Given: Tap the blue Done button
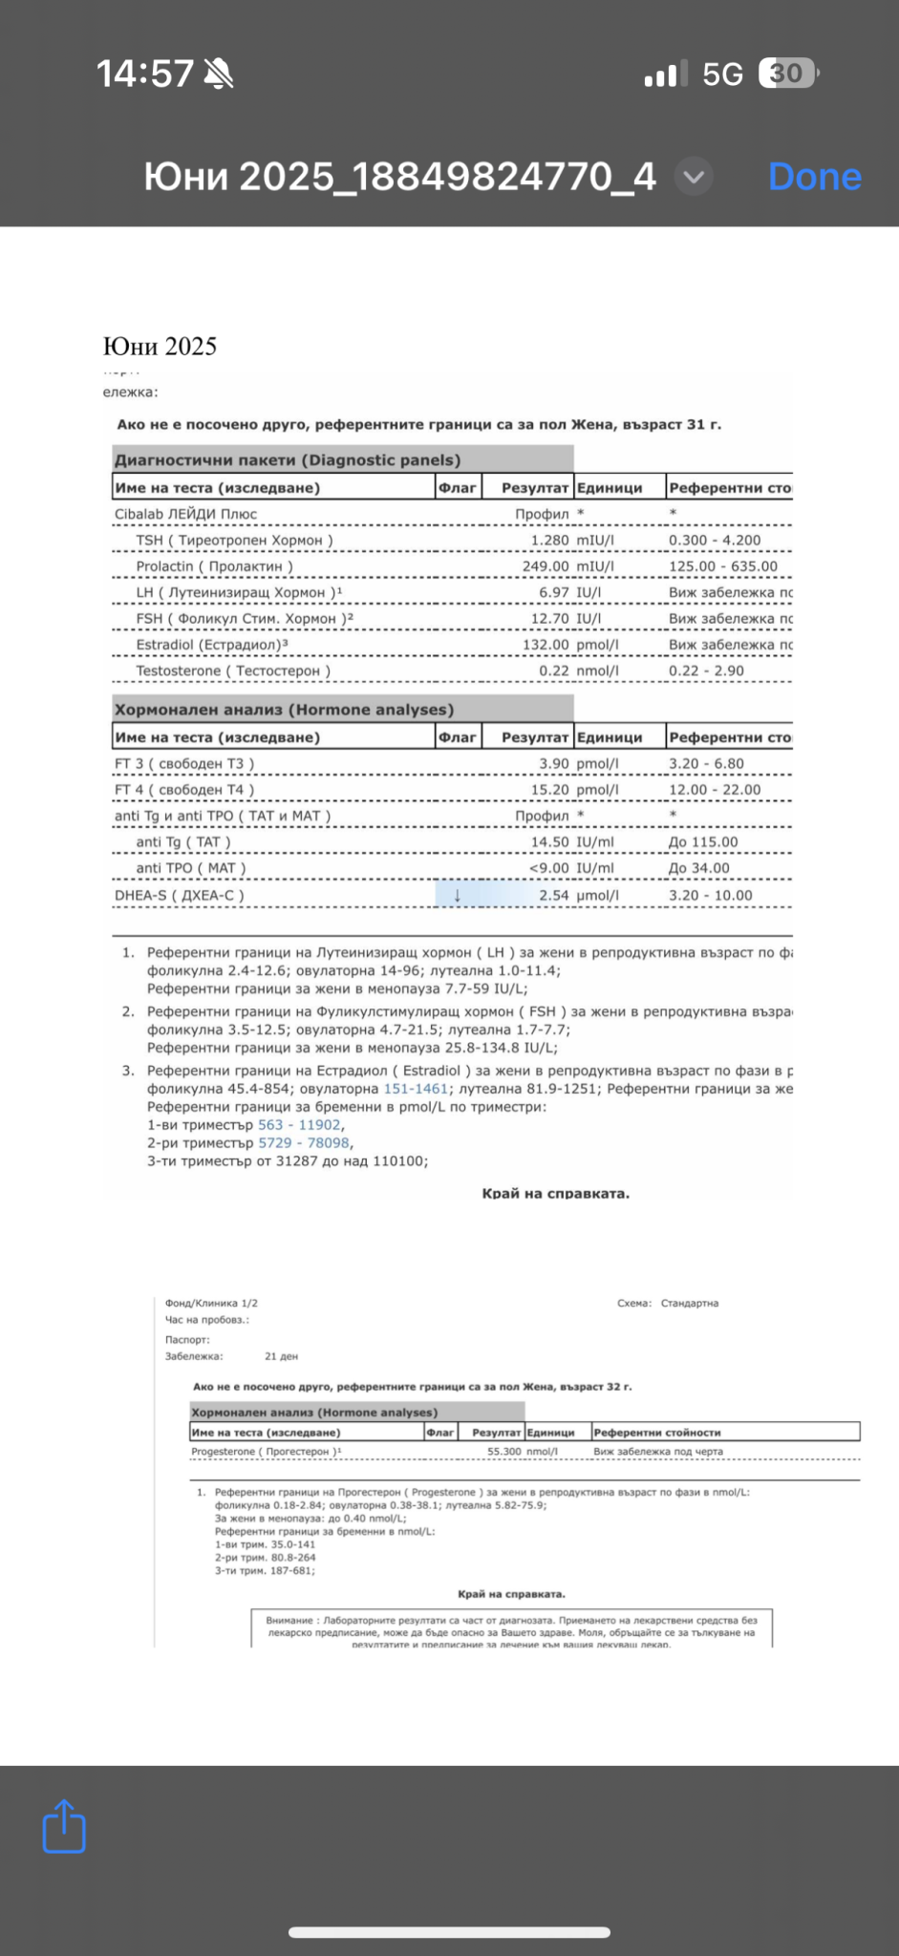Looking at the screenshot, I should [x=814, y=177].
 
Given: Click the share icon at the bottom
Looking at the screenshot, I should [x=64, y=1826].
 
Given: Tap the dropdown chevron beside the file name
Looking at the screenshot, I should [x=694, y=177].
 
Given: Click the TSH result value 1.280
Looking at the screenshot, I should [x=549, y=541].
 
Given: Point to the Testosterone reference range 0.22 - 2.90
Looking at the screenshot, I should [x=706, y=671].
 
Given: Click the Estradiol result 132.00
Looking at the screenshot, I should [x=546, y=645].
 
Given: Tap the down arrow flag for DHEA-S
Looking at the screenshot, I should [x=458, y=896].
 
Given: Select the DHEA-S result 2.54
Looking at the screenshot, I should [x=553, y=896].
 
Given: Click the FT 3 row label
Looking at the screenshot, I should [x=184, y=764].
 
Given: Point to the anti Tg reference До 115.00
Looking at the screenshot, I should [x=703, y=842].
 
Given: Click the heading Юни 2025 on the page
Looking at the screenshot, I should [x=160, y=347].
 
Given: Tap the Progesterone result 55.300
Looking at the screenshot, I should [x=504, y=1452].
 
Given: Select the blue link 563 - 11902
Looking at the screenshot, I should [x=299, y=1125].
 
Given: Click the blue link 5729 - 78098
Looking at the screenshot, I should [x=304, y=1143].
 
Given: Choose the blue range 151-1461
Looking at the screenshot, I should [x=416, y=1089].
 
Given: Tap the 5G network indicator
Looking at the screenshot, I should [x=722, y=74].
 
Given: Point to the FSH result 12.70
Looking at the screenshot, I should [x=549, y=619].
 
